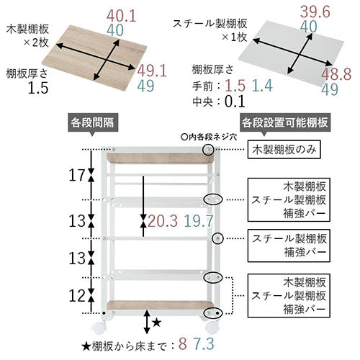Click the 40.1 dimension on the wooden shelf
122,16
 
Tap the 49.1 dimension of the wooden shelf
152,71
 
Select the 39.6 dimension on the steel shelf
315,12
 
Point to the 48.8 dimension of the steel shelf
336,74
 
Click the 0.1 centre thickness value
235,102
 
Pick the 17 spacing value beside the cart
77,175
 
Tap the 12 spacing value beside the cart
77,296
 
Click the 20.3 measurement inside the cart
163,221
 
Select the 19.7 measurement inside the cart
199,221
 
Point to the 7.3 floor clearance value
204,343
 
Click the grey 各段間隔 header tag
93,123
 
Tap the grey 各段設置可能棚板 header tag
285,123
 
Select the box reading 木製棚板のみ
284,150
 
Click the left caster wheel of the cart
99,328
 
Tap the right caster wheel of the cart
212,328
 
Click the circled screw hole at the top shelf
208,150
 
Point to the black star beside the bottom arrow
156,323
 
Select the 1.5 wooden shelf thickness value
38,88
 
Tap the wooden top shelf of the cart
161,158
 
